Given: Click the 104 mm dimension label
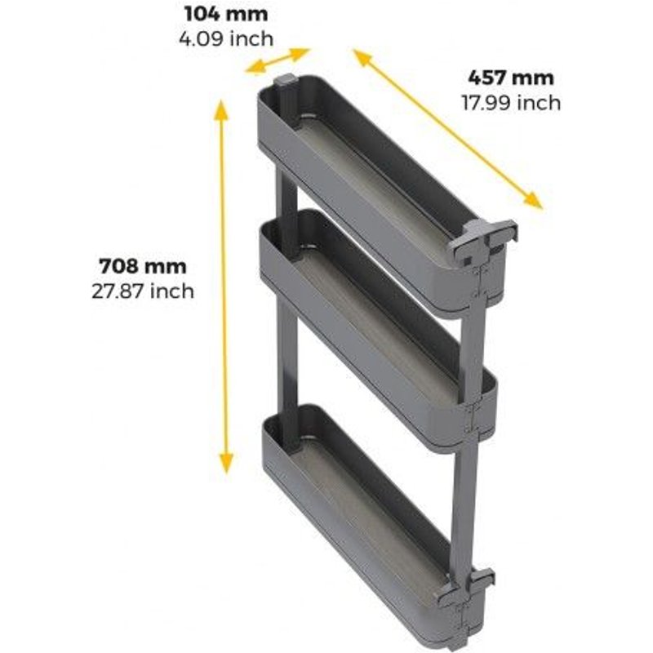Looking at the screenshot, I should [226, 14].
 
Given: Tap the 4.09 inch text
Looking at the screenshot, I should [226, 38].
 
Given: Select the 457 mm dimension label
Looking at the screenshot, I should [511, 78].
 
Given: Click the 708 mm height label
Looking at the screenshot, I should [143, 266].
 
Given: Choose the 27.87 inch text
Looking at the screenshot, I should [143, 291].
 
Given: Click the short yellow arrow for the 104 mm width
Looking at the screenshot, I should [278, 61].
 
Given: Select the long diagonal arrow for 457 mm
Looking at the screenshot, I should [447, 129].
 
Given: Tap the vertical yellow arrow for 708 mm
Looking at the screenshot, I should [223, 286].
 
